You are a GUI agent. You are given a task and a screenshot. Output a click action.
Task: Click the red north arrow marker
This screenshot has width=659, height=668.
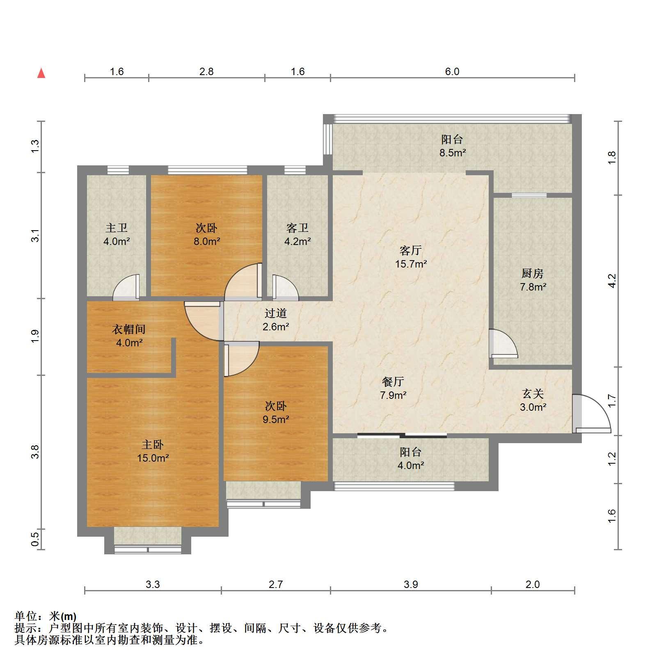click(x=41, y=73)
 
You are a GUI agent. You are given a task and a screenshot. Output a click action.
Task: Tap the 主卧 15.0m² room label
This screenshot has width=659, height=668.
click(x=153, y=451)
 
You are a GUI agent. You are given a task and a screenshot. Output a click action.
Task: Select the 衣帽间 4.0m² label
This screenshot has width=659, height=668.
click(x=129, y=336)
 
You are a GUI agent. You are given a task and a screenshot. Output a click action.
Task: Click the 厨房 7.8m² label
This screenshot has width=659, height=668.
click(x=533, y=280)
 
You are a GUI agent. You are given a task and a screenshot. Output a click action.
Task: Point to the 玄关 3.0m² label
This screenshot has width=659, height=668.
click(x=533, y=400)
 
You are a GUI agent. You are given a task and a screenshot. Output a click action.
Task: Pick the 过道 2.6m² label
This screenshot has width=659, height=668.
click(x=275, y=320)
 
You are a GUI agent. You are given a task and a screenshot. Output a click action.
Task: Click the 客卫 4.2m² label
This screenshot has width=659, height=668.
click(x=297, y=234)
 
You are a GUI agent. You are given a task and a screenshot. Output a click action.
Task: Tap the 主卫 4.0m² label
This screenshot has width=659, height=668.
click(x=117, y=234)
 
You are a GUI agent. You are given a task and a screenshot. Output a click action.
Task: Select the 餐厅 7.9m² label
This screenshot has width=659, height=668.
click(x=393, y=388)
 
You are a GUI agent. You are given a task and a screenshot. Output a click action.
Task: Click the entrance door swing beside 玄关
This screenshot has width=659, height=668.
click(x=591, y=414)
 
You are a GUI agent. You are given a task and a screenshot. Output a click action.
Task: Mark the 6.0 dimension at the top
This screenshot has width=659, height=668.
click(x=452, y=71)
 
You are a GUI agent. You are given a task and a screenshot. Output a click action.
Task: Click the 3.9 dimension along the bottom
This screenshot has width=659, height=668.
click(x=411, y=584)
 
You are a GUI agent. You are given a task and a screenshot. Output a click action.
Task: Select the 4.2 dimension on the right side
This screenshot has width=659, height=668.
click(x=611, y=281)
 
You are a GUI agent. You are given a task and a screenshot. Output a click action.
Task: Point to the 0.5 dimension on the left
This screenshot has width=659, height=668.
click(x=35, y=539)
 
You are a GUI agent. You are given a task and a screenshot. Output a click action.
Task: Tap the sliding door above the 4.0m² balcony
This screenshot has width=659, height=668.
click(x=402, y=435)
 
